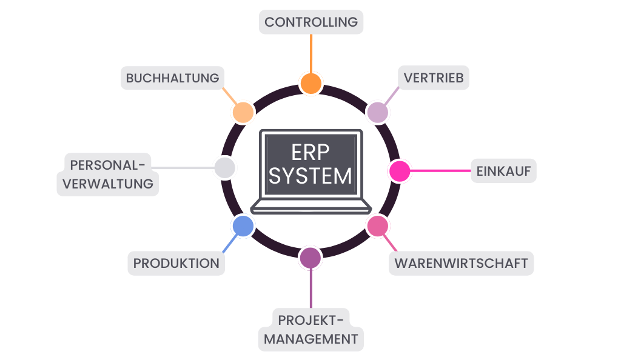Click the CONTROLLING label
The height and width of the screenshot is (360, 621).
coord(311,22)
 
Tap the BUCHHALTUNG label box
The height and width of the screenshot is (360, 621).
coord(172,78)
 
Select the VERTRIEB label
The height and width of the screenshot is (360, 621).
coord(434,78)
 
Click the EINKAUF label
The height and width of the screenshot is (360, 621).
coord(503,172)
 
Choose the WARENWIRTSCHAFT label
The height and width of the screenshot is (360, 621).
coord(461,264)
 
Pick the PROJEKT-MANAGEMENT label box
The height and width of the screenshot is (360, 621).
coord(311,329)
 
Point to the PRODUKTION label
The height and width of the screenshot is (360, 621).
coord(176,264)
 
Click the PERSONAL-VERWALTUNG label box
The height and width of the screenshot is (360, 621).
coord(108,174)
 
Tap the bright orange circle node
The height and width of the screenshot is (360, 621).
coord(310,83)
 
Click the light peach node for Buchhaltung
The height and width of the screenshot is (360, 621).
coord(243,112)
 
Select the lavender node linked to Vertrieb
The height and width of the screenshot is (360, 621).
coord(377,112)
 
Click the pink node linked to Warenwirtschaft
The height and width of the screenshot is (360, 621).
coord(377,226)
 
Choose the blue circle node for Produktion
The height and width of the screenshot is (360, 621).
coord(243,226)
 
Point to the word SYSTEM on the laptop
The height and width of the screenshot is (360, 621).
coord(310,176)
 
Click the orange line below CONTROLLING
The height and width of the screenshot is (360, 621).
coord(311,53)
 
